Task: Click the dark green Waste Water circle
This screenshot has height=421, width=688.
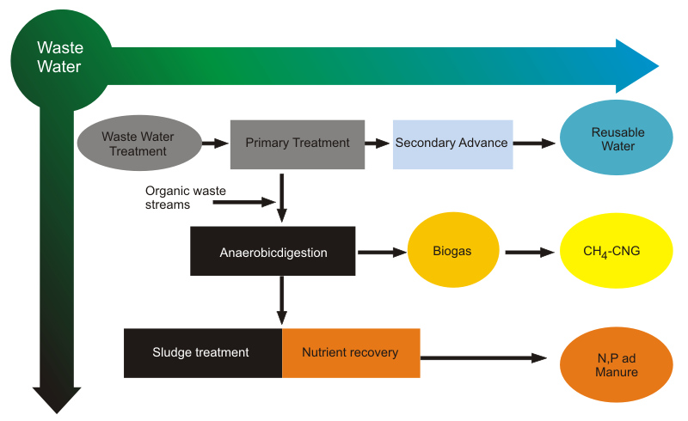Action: pos(61,59)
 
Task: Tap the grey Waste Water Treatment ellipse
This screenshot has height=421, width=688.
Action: pos(139,143)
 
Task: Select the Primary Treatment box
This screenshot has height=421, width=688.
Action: pos(298,144)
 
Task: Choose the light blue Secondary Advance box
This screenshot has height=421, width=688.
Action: pos(453,144)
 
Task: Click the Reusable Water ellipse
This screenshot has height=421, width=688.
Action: pos(616,137)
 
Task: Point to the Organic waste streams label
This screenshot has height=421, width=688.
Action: pos(186,198)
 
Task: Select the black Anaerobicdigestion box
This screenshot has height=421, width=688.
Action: pos(273,251)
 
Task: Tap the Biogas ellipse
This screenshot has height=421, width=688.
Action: pos(453,250)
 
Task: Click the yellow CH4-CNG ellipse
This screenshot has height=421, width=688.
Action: pos(616,250)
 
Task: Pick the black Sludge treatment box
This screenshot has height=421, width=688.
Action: pos(203,353)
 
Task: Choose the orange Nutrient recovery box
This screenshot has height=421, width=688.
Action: pos(351,353)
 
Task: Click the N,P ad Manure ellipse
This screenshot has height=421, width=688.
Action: pos(616,364)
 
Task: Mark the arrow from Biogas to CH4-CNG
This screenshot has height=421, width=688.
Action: pos(530,252)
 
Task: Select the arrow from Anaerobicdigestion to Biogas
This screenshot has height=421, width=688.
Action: pos(382,252)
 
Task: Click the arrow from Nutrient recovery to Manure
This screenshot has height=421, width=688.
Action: pos(483,357)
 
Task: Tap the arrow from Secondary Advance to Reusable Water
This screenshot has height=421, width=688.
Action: pos(534,143)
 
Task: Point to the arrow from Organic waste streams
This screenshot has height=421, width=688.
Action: pos(244,202)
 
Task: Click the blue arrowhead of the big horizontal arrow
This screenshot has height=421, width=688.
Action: pos(636,66)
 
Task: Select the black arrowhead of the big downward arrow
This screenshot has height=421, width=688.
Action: pos(57,400)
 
